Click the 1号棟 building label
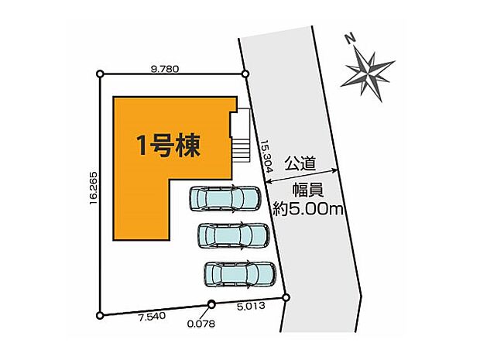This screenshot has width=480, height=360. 169,146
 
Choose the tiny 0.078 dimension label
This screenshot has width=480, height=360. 201,324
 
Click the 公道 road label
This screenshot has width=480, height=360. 300,163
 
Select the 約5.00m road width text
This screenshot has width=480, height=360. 308,208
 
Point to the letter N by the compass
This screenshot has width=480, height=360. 349,36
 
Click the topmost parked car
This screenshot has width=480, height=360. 226,199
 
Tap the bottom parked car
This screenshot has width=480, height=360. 240,274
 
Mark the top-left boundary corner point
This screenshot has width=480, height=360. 100,74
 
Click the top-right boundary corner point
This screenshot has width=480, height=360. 245,74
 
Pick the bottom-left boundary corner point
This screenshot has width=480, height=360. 100,315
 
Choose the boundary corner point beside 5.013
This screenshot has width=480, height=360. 286,297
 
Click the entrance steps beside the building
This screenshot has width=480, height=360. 240,135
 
